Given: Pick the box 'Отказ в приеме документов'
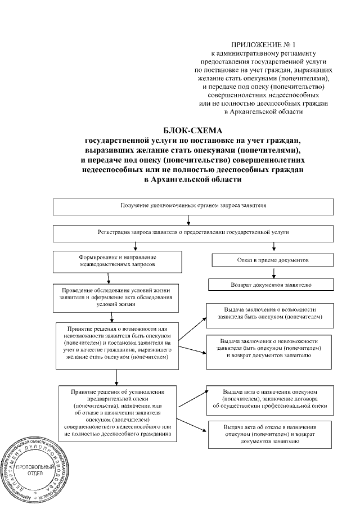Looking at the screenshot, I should pos(274,260).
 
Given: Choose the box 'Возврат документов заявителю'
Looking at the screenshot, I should pos(274,285).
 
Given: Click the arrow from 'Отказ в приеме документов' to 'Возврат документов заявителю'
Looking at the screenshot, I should pos(274,273).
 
